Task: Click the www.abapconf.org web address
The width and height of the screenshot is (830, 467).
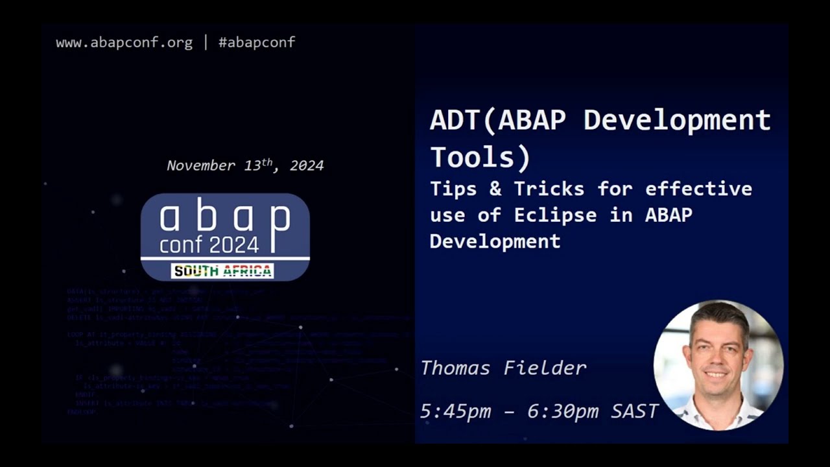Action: point(124,43)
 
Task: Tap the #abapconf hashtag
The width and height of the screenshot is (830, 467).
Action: point(257,43)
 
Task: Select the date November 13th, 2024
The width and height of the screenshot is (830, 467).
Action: point(245,165)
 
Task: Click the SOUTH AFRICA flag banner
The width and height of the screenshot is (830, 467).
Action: point(222,271)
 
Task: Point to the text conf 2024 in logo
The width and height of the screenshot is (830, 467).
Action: point(209,244)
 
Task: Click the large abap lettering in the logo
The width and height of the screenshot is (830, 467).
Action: point(224,217)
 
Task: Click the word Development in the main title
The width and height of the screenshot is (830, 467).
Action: point(677,121)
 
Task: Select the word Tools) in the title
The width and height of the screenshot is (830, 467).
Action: point(480,157)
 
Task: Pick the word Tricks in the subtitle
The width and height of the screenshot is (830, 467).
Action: point(549,189)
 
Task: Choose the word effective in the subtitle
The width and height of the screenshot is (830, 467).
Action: point(698,189)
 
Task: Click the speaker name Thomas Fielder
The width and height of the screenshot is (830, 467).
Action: point(503,368)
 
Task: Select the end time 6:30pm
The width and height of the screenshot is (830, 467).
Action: point(563,411)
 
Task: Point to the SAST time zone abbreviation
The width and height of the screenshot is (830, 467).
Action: point(635,411)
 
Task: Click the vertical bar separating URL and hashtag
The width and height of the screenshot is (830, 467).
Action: point(206,43)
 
